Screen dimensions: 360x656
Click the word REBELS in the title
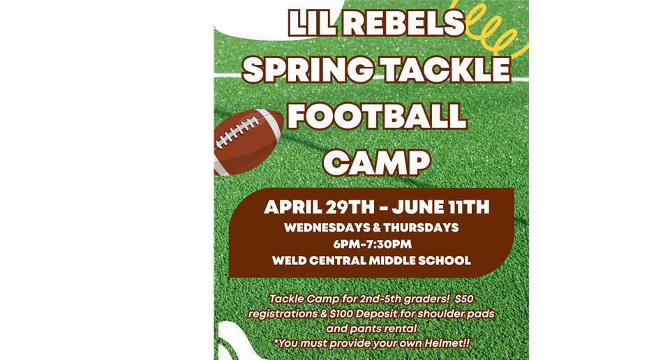403,24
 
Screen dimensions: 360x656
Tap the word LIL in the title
312,24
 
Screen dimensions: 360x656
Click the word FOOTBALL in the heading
377,116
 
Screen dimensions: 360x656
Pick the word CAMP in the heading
377,163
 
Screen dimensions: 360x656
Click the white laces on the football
237,133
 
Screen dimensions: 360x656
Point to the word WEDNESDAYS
327,227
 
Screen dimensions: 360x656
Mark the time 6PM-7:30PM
373,244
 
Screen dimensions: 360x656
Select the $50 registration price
463,299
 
